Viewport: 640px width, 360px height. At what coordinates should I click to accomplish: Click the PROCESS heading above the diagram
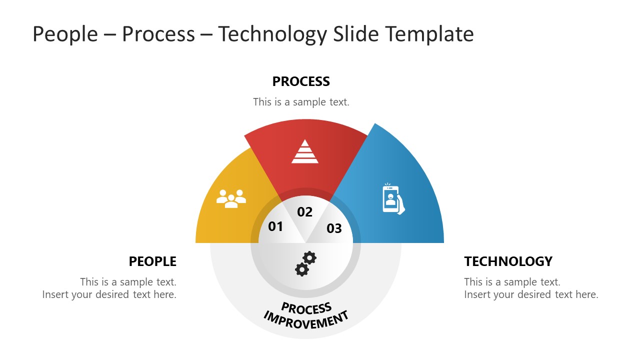301,81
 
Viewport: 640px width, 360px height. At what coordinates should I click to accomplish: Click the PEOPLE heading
152,261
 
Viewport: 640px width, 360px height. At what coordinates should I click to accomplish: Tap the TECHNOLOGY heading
508,261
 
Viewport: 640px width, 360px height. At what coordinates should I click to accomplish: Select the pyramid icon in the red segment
305,151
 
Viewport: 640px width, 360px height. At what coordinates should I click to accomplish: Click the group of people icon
231,198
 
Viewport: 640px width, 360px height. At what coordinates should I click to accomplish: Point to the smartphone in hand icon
393,199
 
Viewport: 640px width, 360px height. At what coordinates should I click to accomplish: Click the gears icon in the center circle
305,263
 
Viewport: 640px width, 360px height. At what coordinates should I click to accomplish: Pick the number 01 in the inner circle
275,227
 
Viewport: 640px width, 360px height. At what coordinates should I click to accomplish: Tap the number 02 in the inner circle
304,212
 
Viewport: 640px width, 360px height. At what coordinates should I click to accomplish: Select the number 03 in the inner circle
334,229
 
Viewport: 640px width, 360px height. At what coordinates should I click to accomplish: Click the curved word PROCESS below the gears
306,307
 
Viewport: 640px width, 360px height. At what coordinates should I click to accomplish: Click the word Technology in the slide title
272,34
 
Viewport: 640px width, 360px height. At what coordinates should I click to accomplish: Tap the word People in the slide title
65,34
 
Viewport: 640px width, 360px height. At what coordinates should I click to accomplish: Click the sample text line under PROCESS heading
301,102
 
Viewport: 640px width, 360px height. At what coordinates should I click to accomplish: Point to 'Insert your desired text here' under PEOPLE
109,294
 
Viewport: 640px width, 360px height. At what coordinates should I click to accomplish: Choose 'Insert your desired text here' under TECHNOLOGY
531,294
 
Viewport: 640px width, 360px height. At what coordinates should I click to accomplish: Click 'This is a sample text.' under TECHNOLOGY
512,282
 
